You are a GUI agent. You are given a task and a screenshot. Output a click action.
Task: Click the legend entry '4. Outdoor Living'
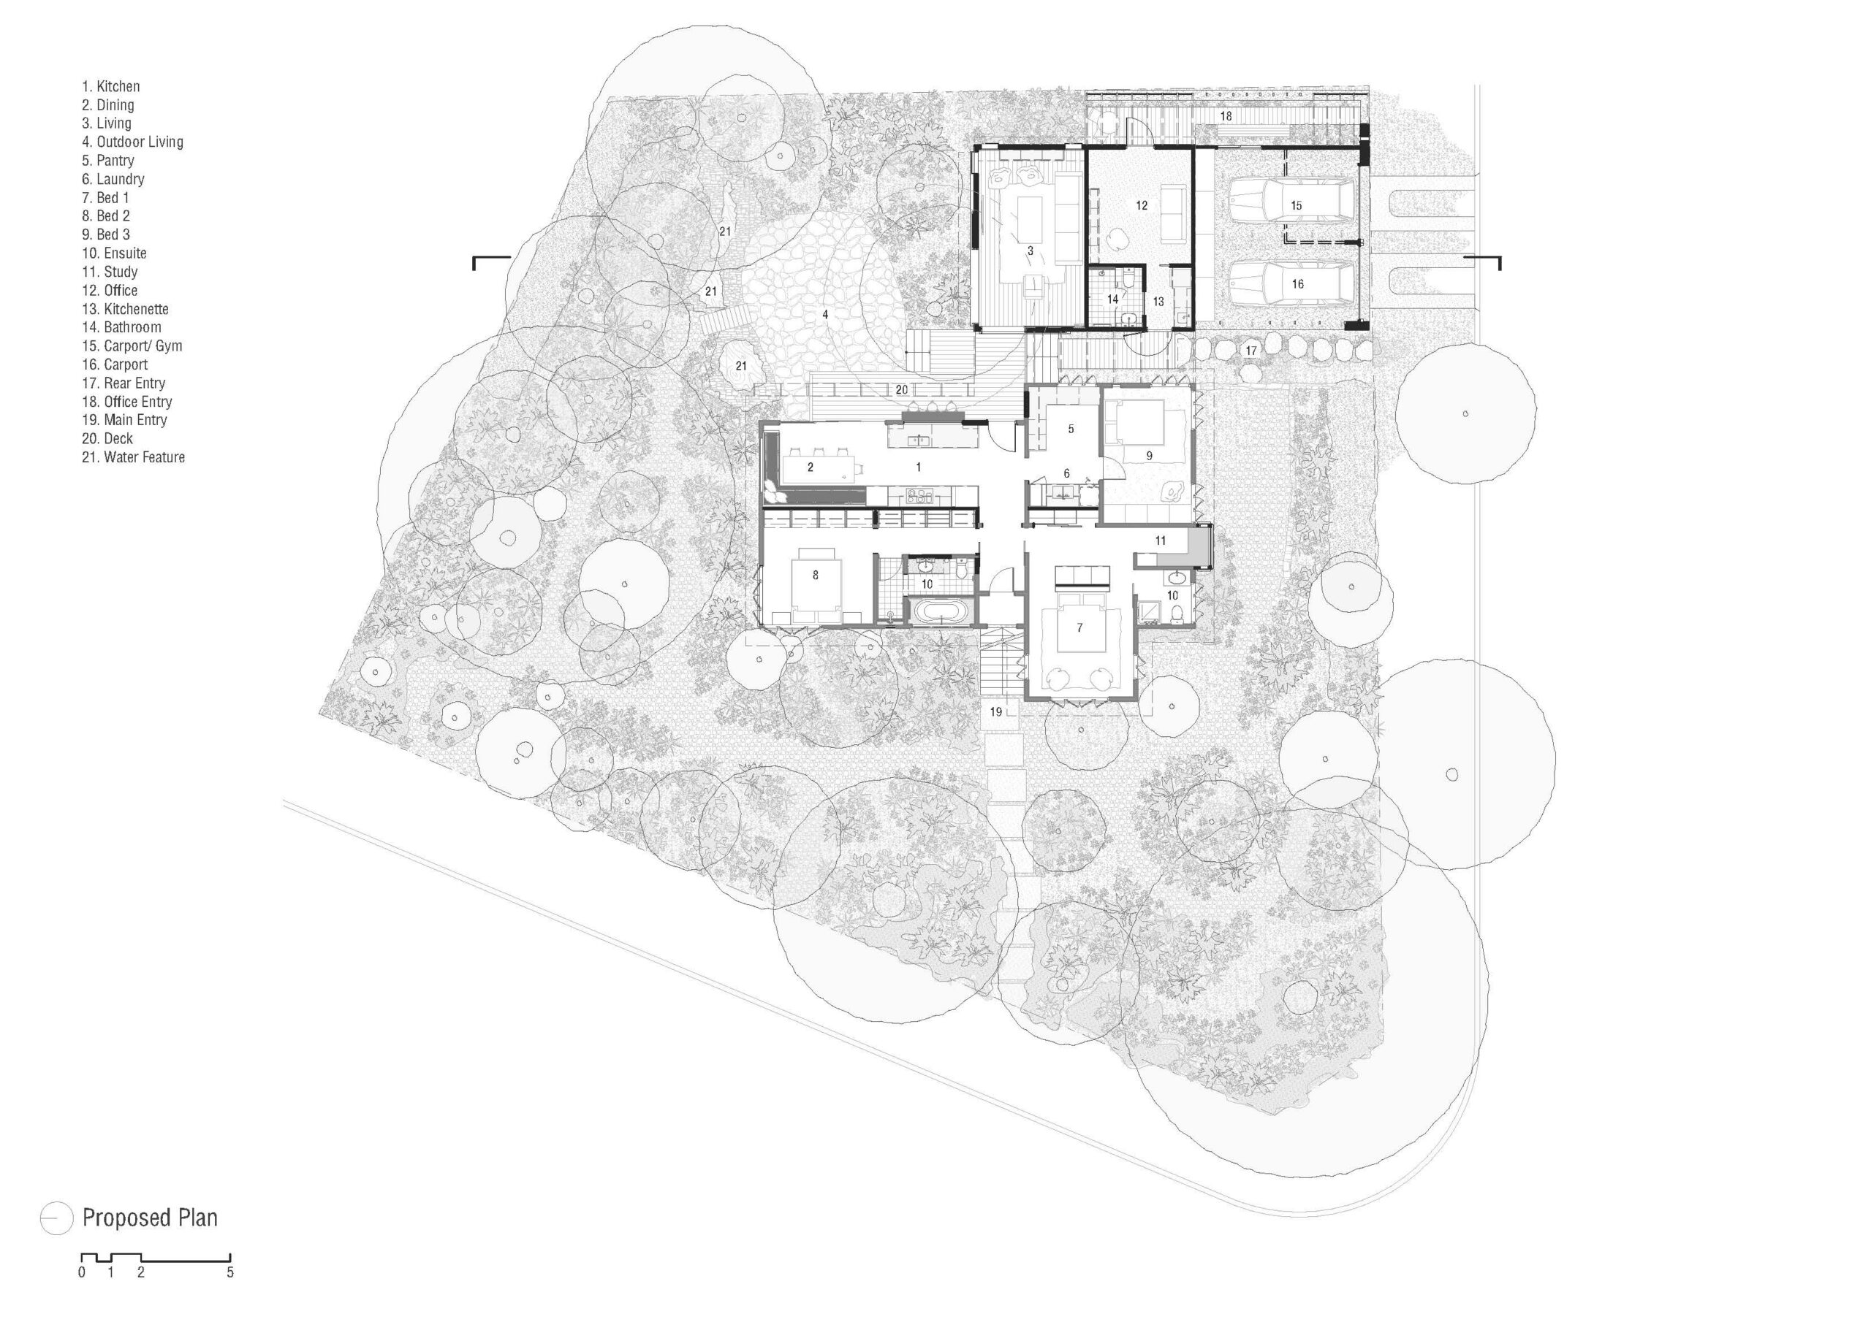[x=132, y=142]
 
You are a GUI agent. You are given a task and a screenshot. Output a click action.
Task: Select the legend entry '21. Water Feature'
[x=133, y=457]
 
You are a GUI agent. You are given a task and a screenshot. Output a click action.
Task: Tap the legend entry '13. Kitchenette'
[x=125, y=309]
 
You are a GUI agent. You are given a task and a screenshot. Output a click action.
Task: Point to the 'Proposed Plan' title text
[x=150, y=1218]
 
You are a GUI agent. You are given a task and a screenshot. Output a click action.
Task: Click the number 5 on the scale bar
[x=229, y=1273]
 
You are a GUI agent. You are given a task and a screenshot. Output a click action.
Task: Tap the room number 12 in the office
[x=1142, y=205]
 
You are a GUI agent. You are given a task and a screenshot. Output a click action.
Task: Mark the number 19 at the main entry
[x=996, y=712]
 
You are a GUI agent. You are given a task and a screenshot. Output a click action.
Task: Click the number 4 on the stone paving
[x=825, y=313]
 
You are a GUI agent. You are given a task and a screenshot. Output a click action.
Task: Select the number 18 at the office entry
[x=1226, y=116]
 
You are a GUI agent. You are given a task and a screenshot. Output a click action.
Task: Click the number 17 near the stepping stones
[x=1251, y=351]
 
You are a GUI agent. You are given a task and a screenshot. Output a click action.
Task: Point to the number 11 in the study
[x=1161, y=540]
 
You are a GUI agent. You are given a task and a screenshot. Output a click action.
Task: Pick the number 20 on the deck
[x=901, y=390]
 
